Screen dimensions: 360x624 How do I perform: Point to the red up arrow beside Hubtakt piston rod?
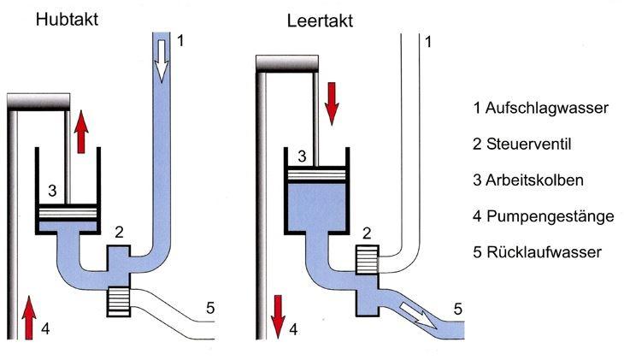pyautogui.click(x=81, y=133)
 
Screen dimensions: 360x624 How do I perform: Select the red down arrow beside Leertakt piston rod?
pyautogui.click(x=333, y=102)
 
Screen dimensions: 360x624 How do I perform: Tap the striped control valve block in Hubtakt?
pyautogui.click(x=119, y=301)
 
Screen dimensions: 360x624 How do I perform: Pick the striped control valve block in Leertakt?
pyautogui.click(x=367, y=258)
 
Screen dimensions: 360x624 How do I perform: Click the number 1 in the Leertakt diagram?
pyautogui.click(x=428, y=40)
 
